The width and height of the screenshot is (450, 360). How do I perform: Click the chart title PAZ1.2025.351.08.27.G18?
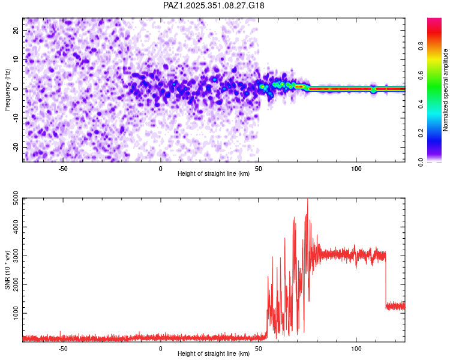click(x=214, y=5)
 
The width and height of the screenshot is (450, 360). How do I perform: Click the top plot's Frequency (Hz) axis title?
click(x=7, y=90)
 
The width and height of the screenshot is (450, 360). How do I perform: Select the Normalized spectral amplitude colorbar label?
click(x=445, y=90)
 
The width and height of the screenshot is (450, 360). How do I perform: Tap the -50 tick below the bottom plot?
click(x=63, y=347)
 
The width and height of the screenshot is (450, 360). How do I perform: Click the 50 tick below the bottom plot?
click(x=259, y=347)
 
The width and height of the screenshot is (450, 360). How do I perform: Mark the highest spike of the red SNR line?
click(x=308, y=200)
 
